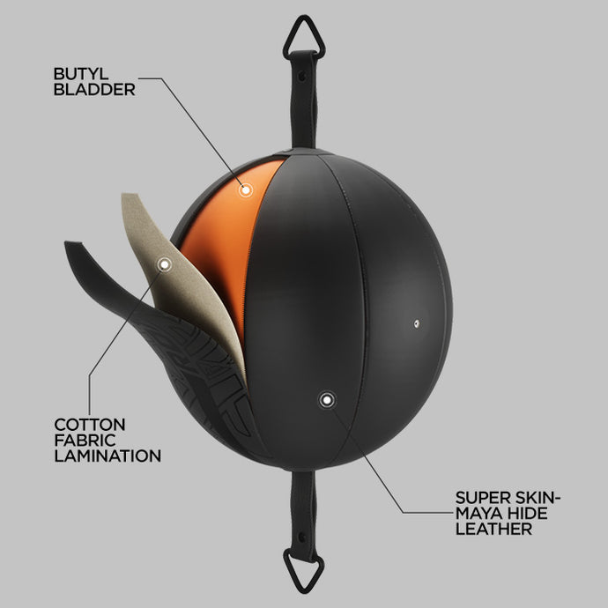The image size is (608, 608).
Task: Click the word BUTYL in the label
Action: tap(81, 74)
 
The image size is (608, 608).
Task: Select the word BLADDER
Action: tap(94, 90)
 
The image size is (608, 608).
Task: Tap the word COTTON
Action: tap(90, 425)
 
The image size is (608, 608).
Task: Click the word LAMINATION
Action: tap(108, 456)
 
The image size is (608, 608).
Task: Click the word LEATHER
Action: tap(493, 529)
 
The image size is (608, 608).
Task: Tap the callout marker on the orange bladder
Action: tap(245, 190)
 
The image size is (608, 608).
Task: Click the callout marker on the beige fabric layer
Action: tap(165, 264)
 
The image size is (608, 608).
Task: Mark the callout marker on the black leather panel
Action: tap(327, 399)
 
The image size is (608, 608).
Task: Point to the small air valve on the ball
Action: tap(417, 323)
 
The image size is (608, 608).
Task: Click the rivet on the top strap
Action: tap(302, 76)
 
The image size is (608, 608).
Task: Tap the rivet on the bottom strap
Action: tap(301, 538)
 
